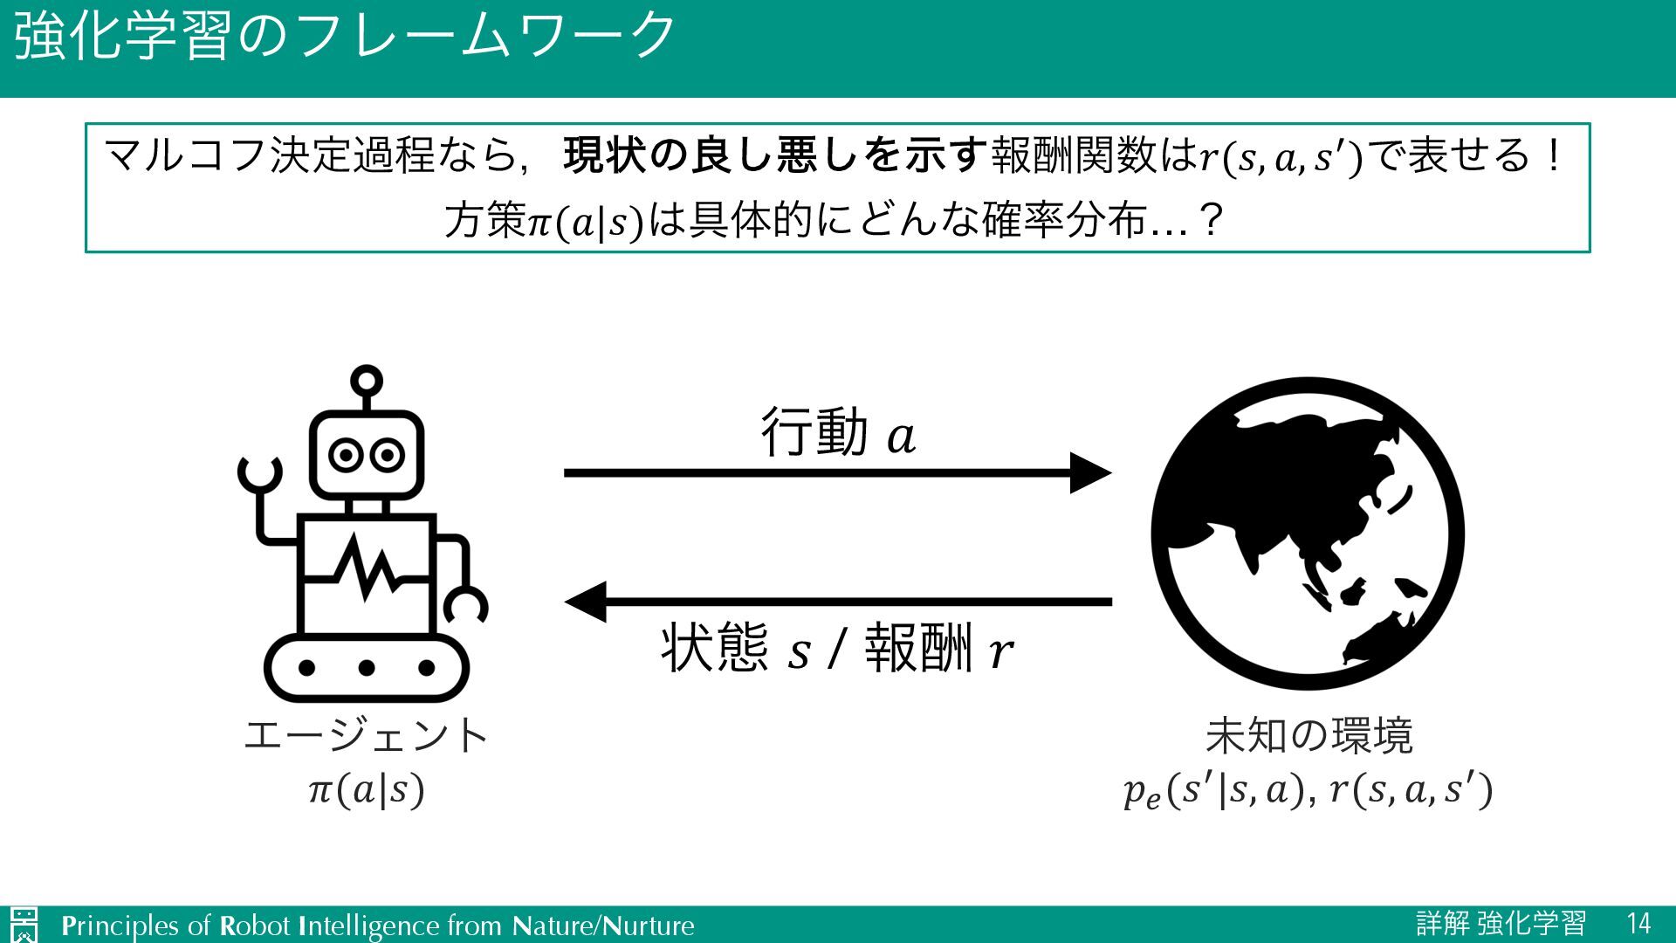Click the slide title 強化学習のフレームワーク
click(x=345, y=37)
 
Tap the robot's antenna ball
click(x=366, y=381)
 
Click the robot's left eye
click(x=346, y=456)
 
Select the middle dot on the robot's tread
click(x=367, y=668)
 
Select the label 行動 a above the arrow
click(x=838, y=432)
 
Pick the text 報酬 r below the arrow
click(x=938, y=649)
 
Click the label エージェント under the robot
click(x=367, y=735)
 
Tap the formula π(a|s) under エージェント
click(x=367, y=790)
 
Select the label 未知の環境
click(x=1308, y=735)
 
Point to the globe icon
click(x=1307, y=533)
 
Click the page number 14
click(x=1638, y=924)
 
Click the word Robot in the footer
click(x=254, y=926)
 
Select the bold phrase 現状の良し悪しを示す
click(x=774, y=157)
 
